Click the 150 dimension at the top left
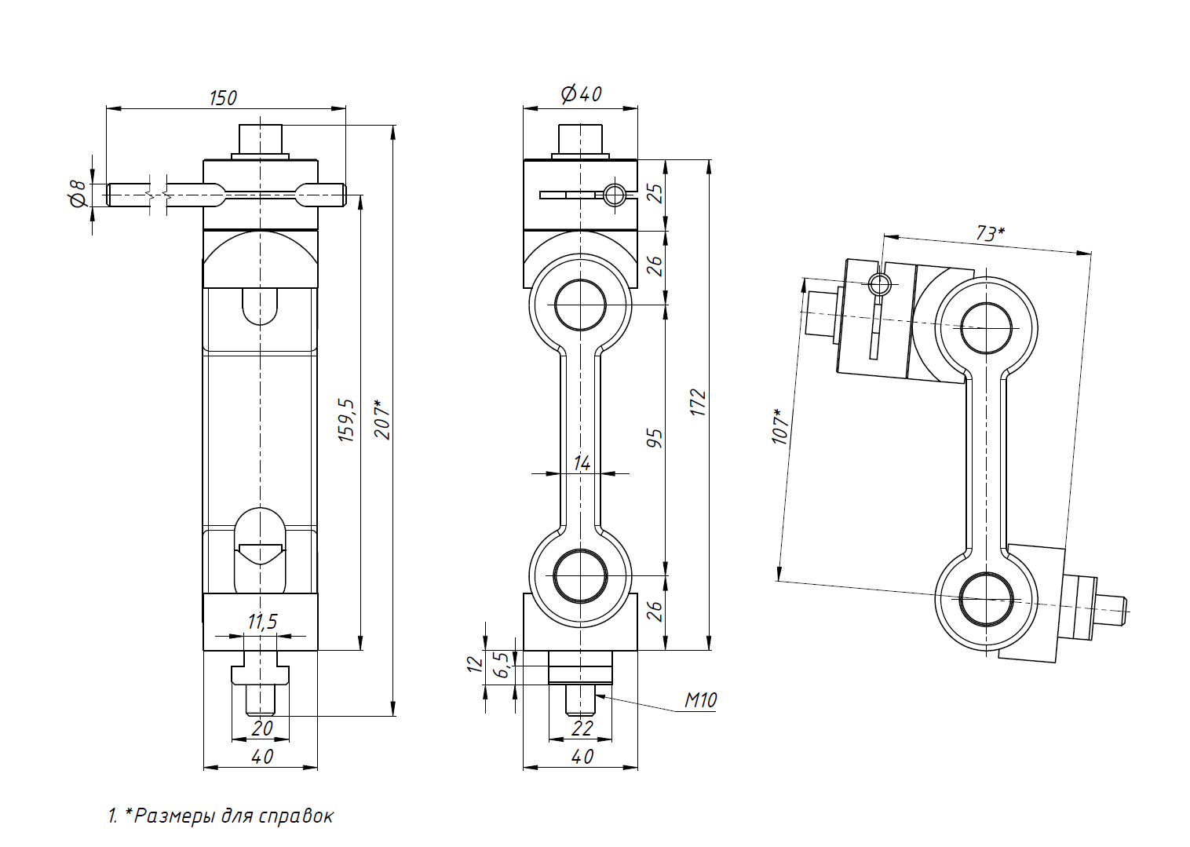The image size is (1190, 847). click(x=223, y=98)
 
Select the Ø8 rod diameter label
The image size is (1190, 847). click(x=78, y=193)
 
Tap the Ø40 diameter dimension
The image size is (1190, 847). click(x=581, y=94)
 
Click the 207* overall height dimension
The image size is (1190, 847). click(x=382, y=420)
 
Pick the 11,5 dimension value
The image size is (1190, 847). click(x=262, y=622)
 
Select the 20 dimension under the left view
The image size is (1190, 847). click(x=261, y=728)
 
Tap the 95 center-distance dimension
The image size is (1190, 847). click(x=655, y=438)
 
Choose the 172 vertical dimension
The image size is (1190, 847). click(x=698, y=403)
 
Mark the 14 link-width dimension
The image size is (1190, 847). click(x=582, y=463)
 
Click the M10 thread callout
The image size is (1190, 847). click(x=700, y=700)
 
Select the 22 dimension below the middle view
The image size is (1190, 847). click(x=582, y=728)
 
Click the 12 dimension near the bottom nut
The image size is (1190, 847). click(x=475, y=663)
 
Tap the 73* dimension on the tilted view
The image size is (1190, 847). click(x=990, y=233)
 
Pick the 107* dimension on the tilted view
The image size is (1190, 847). click(x=780, y=426)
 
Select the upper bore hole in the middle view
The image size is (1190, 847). click(x=580, y=305)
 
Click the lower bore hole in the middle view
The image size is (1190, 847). click(x=580, y=575)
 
